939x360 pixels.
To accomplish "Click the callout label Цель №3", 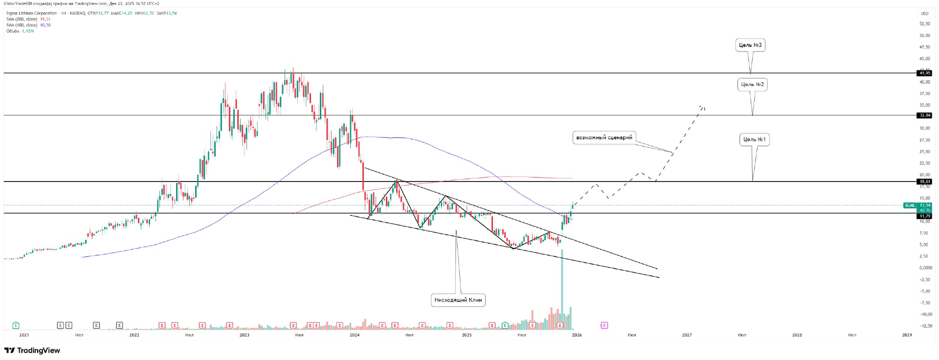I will click(750, 45).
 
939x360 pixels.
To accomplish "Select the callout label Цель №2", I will click(752, 85).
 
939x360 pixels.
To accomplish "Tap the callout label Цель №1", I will click(754, 139).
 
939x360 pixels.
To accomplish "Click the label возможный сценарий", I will click(604, 137).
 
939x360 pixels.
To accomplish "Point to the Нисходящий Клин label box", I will click(458, 300).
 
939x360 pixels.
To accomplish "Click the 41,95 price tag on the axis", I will click(924, 73).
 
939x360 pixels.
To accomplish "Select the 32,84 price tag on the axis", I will click(924, 115).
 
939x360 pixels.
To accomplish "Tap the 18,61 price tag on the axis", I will click(924, 181).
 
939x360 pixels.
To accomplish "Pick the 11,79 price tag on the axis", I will click(924, 216).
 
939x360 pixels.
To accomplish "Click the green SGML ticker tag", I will click(910, 205).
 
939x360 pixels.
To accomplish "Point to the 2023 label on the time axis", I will click(245, 335).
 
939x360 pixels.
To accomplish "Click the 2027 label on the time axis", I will click(687, 335).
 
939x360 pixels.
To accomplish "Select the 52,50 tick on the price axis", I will click(924, 23).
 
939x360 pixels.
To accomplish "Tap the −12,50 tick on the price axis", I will click(924, 326).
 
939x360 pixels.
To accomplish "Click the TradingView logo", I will click(32, 350).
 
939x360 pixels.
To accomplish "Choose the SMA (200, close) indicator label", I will click(22, 19).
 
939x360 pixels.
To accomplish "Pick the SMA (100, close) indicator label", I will click(22, 25).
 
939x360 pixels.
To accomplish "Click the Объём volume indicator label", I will click(13, 31).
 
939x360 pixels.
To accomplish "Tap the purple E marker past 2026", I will click(604, 325).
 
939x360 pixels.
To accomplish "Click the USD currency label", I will click(924, 13).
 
